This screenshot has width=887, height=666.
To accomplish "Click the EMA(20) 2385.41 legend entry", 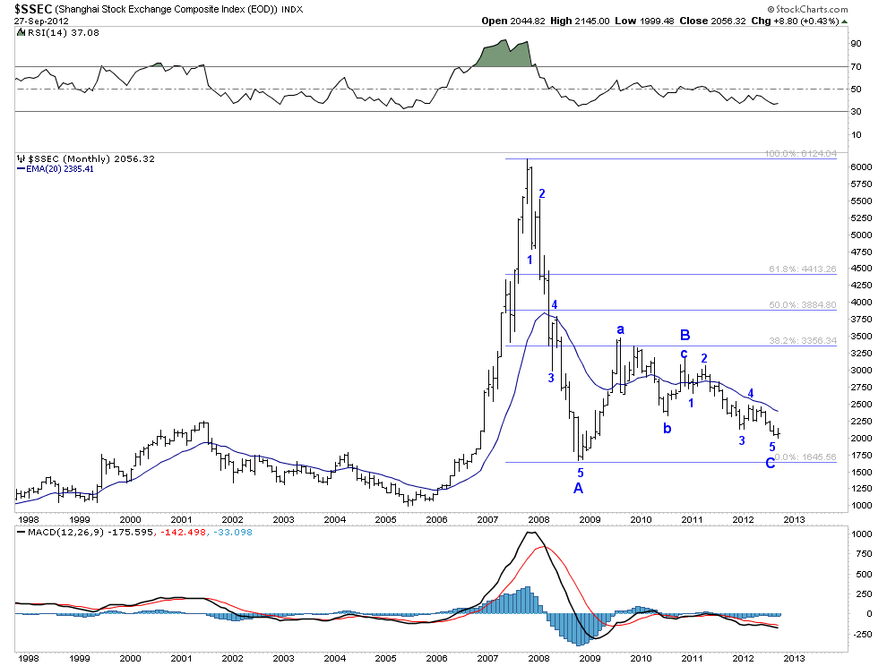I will (x=56, y=168).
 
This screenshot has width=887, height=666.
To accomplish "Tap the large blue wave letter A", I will (x=578, y=488).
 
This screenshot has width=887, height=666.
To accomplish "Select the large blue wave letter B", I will (x=685, y=336).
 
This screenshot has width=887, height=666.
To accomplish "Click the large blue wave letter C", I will (x=771, y=463).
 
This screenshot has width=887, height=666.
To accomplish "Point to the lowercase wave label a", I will (x=619, y=330).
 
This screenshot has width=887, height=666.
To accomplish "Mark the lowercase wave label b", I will (x=667, y=428).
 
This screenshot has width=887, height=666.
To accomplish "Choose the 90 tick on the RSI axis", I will (x=856, y=43).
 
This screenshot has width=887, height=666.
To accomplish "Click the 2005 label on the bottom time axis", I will (x=385, y=519).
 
